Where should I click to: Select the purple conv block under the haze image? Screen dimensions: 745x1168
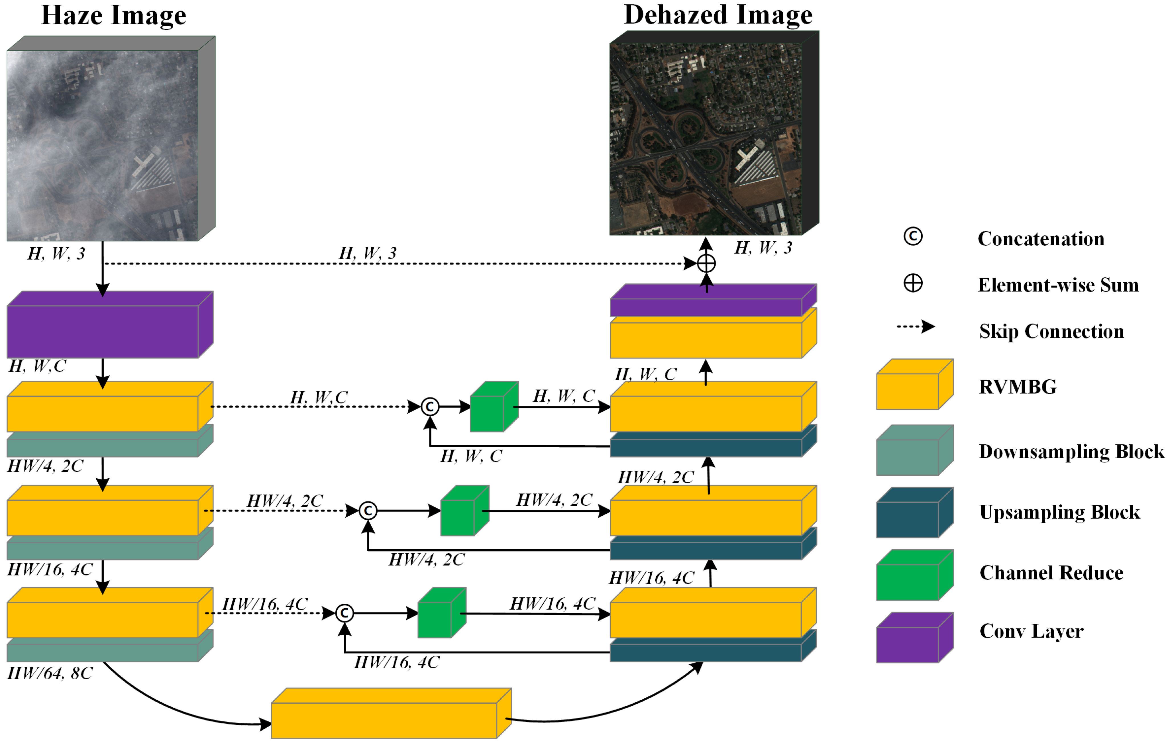point(103,331)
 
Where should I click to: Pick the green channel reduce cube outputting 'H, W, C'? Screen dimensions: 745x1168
point(488,413)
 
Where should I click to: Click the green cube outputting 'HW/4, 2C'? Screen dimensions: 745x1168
point(458,517)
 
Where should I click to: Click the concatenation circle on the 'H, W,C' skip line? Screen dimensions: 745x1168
point(430,407)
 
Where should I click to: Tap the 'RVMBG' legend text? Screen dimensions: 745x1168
point(1017,387)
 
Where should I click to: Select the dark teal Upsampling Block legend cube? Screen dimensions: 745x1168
point(908,519)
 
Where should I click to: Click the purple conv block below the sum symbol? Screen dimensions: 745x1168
point(706,307)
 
